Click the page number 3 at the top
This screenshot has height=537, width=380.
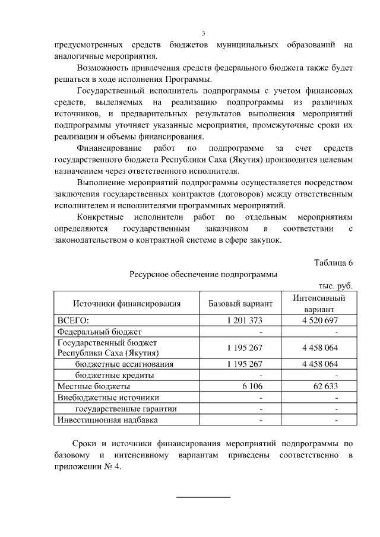[204, 33]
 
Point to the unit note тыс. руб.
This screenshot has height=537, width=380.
[335, 285]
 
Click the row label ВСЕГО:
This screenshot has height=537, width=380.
[72, 320]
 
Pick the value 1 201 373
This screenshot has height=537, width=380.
[244, 320]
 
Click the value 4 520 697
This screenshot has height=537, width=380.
[319, 320]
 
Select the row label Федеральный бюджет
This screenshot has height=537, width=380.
[99, 332]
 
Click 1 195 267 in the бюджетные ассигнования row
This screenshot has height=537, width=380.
[244, 364]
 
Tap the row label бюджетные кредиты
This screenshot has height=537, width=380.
[115, 375]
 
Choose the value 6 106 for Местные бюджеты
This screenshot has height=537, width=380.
[252, 386]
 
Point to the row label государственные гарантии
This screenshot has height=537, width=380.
[126, 409]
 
